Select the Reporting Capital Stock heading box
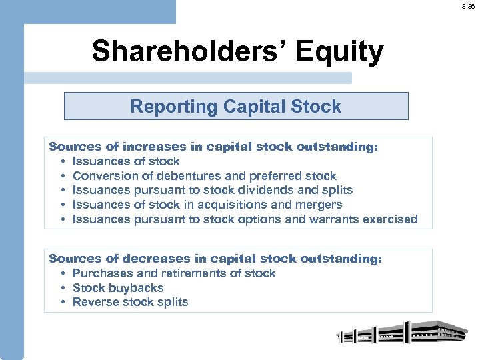tap(235, 107)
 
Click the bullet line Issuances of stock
tap(126, 161)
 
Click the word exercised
tap(393, 219)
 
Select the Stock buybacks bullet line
tap(117, 288)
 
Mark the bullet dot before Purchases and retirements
tap(62, 273)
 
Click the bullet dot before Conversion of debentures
tap(62, 176)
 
